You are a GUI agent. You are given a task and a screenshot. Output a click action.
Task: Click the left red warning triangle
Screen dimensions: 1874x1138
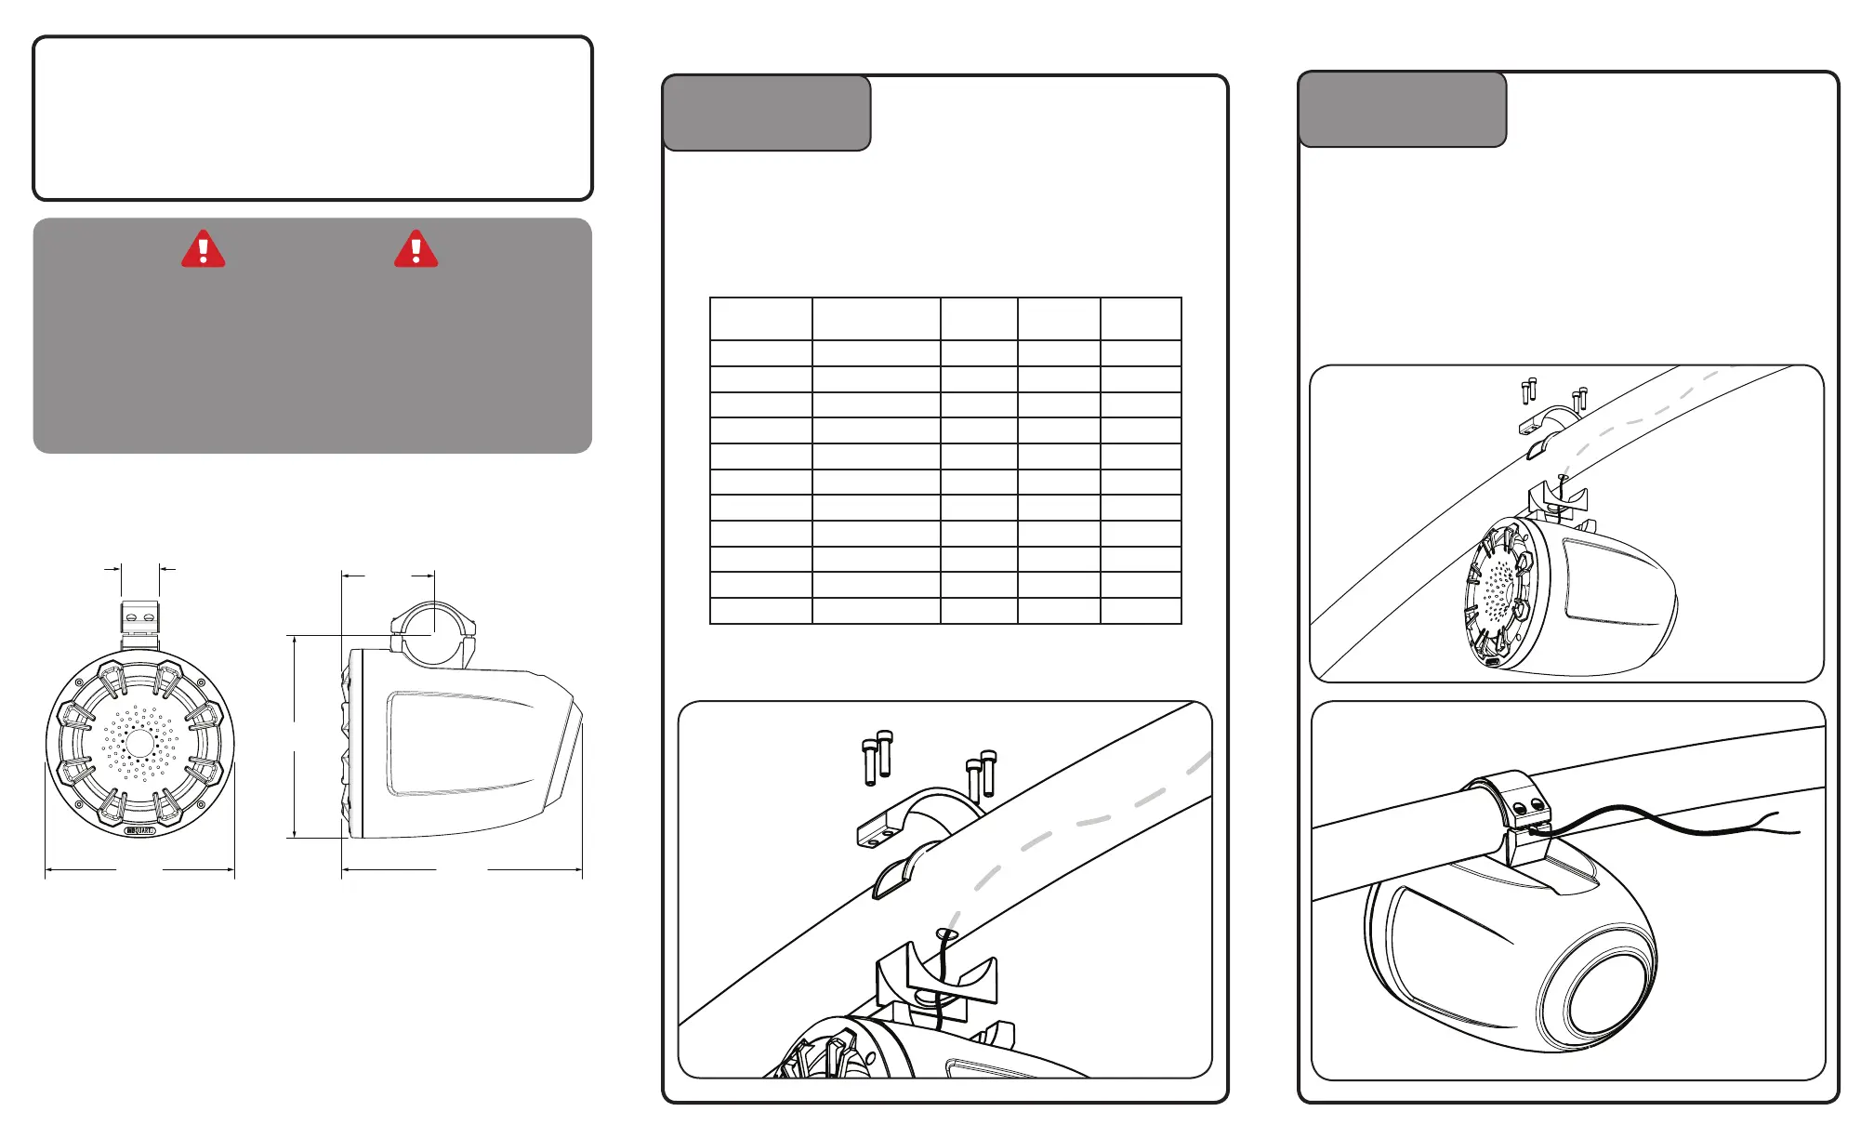203,250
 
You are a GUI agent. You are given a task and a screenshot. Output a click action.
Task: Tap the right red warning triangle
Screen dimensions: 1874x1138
416,250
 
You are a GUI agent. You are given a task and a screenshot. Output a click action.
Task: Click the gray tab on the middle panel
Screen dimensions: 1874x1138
767,113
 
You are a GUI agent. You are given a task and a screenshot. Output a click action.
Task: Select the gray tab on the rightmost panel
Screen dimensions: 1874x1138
1402,110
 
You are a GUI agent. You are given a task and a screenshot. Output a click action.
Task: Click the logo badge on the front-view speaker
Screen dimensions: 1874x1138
140,830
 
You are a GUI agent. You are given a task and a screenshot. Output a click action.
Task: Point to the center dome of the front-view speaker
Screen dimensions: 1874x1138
139,744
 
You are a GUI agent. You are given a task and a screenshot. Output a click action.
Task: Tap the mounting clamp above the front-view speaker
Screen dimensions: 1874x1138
139,621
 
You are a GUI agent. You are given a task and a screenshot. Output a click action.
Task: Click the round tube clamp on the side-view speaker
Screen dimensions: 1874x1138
433,632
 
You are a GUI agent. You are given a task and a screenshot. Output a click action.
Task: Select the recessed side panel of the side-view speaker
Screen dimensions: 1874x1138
460,744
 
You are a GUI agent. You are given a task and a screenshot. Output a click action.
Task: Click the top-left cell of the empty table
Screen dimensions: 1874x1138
760,319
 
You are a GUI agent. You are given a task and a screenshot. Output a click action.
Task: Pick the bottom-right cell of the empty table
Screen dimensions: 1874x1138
1141,610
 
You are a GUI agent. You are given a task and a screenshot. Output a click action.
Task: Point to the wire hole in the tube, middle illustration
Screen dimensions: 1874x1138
946,933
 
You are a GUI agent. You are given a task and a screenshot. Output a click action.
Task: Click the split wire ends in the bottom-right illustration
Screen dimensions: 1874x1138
1775,826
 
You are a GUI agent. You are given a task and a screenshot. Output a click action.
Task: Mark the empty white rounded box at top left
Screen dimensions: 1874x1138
312,118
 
